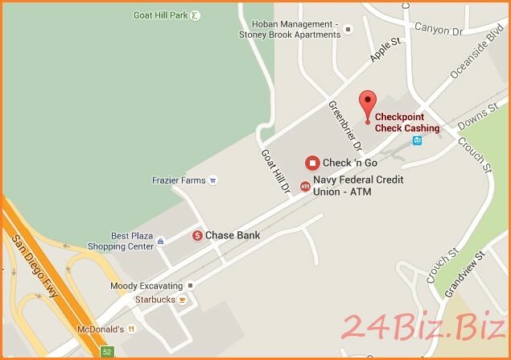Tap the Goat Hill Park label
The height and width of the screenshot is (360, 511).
pos(161,15)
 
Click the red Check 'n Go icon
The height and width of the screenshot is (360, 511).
pos(311,163)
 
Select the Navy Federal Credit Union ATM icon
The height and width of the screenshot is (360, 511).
pos(305,186)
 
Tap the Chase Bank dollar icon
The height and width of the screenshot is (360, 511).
pos(197,235)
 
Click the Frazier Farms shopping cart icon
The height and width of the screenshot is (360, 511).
pos(212,180)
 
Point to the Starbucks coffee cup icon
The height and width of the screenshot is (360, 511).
pos(183,300)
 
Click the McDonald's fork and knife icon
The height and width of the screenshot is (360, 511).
pos(131,329)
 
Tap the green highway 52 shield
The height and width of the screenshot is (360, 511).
pos(107,352)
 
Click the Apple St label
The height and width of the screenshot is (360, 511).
pos(385,50)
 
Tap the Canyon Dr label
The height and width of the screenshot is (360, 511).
pos(439,29)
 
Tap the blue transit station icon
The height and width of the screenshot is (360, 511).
pos(417,141)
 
